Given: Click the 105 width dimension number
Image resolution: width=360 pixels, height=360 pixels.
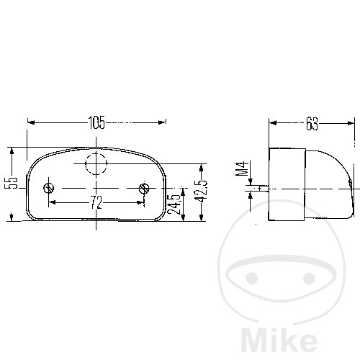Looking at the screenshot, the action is click(96, 122).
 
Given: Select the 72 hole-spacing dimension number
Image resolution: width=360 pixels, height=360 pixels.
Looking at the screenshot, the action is click(96, 202).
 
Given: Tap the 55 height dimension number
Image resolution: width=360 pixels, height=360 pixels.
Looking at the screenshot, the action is click(12, 183).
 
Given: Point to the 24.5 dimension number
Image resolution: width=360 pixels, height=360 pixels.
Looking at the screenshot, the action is click(174, 204).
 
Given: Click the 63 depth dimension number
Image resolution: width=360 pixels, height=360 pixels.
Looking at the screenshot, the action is click(312, 124).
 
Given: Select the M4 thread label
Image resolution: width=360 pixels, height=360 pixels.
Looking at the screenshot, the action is click(242, 169).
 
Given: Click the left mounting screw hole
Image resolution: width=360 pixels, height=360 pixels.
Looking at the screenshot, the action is click(49, 188).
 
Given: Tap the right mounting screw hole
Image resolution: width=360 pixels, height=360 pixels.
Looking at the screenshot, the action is click(144, 189).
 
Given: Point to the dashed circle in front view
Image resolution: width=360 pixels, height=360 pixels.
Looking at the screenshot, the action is click(96, 163).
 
